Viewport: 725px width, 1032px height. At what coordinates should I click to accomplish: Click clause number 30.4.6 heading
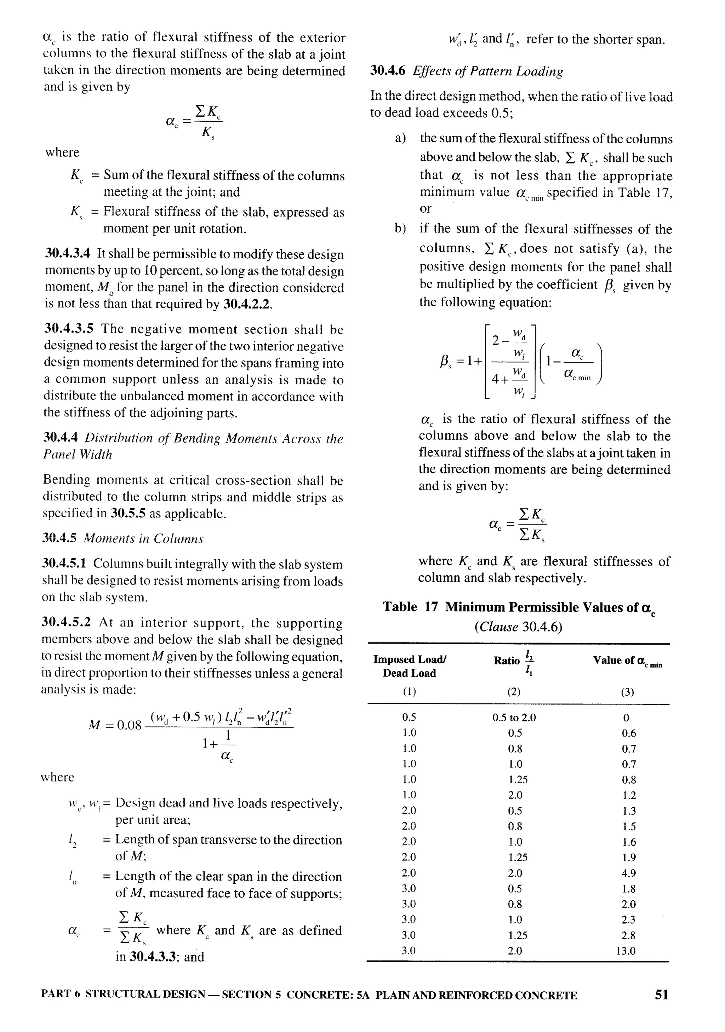pos(387,71)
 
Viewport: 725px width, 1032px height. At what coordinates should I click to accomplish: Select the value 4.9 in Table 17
pos(628,873)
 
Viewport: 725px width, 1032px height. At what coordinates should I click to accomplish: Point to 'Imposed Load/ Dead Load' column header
pos(409,666)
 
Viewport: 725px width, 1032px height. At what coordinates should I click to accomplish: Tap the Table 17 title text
pos(519,607)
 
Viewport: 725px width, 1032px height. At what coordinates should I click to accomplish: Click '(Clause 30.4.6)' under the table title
pos(518,627)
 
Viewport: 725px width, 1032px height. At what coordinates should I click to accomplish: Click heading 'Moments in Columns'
pos(143,538)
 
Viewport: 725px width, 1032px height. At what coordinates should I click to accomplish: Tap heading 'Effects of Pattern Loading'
pos(487,71)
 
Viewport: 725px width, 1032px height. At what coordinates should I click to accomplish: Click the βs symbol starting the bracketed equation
pos(445,361)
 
